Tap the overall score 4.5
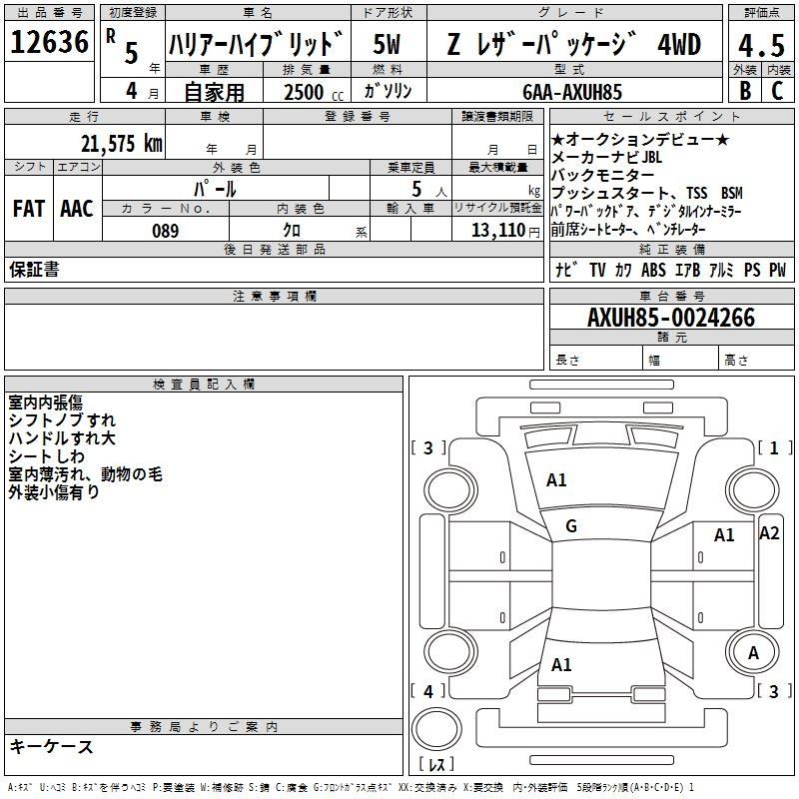point(760,46)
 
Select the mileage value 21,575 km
point(121,143)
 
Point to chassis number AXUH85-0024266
point(671,318)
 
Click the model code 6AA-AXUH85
point(572,92)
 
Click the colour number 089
point(165,231)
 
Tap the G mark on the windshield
point(571,526)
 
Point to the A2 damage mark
point(769,532)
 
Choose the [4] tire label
point(427,691)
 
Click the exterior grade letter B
point(744,91)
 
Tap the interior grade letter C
point(777,91)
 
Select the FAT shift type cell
point(28,209)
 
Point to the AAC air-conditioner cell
point(77,209)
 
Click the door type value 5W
point(387,45)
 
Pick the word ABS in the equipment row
point(653,270)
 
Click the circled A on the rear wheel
point(754,652)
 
